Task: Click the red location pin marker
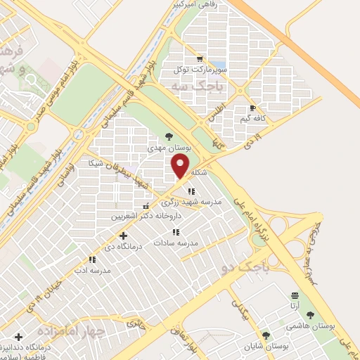tap(181, 167)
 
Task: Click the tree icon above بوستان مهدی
tap(169, 136)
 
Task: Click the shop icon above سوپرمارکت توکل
tap(200, 59)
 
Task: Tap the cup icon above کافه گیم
tap(253, 108)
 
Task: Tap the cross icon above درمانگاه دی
tap(123, 236)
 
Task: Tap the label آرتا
tap(294, 307)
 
